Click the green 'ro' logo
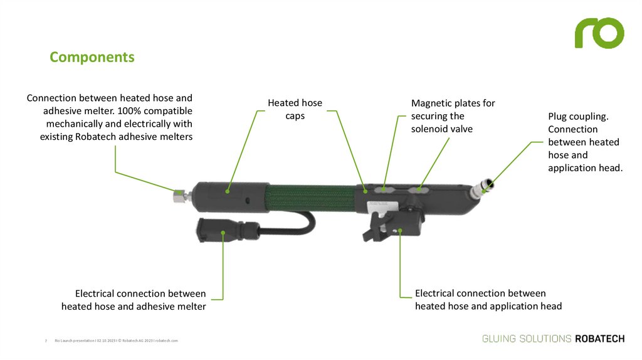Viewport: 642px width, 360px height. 599,33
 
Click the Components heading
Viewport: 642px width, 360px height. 92,57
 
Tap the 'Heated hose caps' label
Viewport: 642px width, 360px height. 295,109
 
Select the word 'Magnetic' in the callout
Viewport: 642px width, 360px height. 431,103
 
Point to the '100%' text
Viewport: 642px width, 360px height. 130,110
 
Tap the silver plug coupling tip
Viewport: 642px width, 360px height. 482,187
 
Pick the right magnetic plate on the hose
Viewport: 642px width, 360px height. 418,187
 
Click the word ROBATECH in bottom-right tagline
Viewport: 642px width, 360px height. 599,339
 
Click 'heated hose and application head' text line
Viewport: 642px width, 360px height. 488,306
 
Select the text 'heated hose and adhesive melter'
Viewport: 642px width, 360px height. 134,307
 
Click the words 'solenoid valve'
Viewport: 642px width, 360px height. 441,129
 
